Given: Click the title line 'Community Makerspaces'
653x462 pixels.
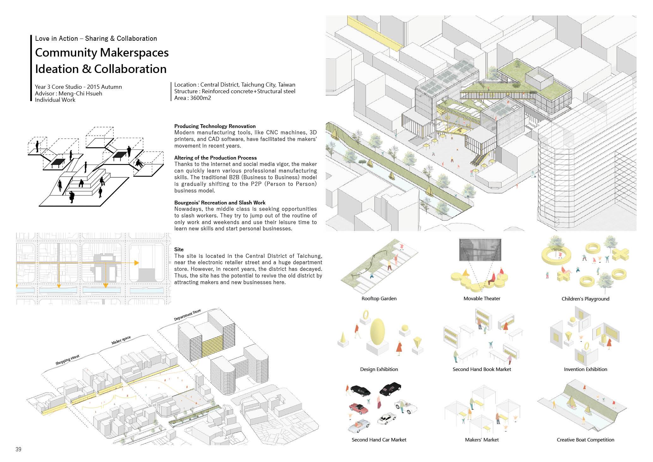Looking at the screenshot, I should (x=102, y=53).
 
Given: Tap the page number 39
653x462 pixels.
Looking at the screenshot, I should (x=18, y=449).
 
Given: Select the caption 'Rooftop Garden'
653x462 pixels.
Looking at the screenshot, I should (x=379, y=299).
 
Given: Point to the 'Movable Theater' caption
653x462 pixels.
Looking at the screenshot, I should (x=482, y=299).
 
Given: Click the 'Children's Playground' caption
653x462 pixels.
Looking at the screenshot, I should (x=585, y=299).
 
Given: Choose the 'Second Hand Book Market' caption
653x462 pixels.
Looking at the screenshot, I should (x=481, y=369).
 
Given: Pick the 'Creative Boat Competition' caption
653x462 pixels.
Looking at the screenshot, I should (x=585, y=440).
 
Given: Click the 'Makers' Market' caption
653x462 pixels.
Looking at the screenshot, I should (x=482, y=440).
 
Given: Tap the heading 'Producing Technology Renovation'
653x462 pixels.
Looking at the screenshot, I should (x=215, y=126).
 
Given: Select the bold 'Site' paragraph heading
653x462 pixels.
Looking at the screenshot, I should (x=179, y=249).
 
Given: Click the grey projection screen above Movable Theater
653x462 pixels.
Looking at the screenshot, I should (x=480, y=250).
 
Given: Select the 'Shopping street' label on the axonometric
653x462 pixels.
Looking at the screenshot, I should (x=67, y=360).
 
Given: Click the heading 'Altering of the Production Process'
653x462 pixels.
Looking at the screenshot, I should (x=215, y=158).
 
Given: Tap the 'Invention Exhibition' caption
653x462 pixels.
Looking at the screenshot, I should (x=585, y=369).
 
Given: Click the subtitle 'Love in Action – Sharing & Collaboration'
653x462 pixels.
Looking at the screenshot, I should (x=96, y=39).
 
